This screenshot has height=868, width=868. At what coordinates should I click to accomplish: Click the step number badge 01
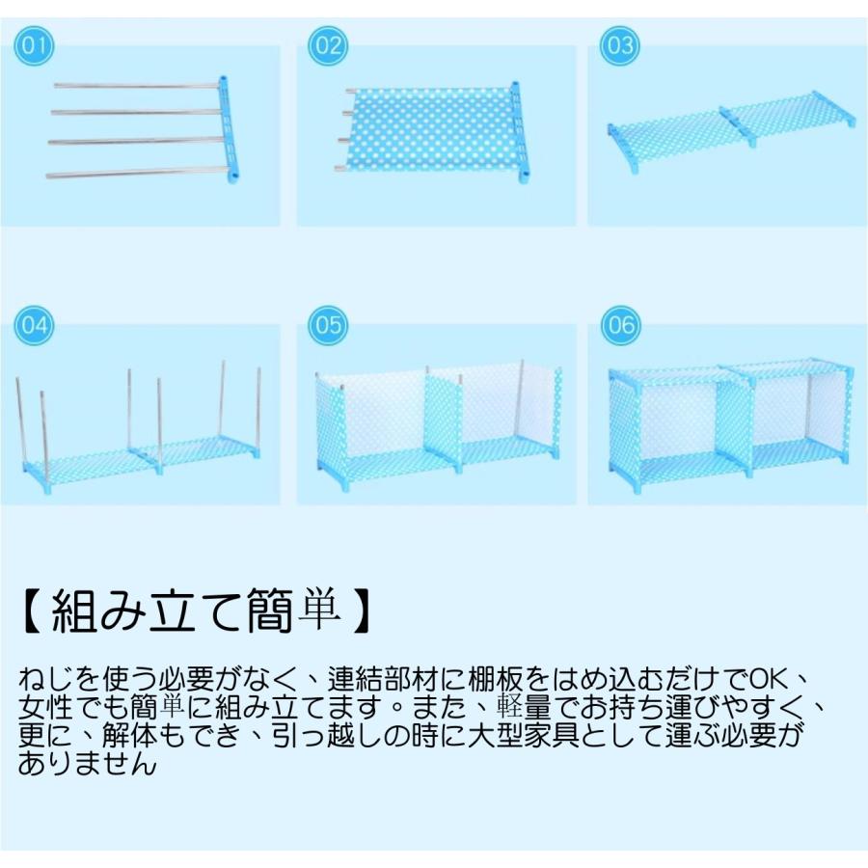35,45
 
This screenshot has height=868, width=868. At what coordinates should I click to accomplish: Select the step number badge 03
619,45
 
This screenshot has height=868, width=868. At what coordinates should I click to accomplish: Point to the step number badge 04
35,325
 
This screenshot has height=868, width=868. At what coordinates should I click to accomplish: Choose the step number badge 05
327,325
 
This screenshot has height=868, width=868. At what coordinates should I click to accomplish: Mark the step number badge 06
619,325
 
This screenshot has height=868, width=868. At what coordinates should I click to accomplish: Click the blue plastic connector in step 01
228,130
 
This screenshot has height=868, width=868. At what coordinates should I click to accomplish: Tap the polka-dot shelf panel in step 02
429,130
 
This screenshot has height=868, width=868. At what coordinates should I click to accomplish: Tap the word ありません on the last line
86,765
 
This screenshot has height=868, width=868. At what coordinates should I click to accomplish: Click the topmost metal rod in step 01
135,87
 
